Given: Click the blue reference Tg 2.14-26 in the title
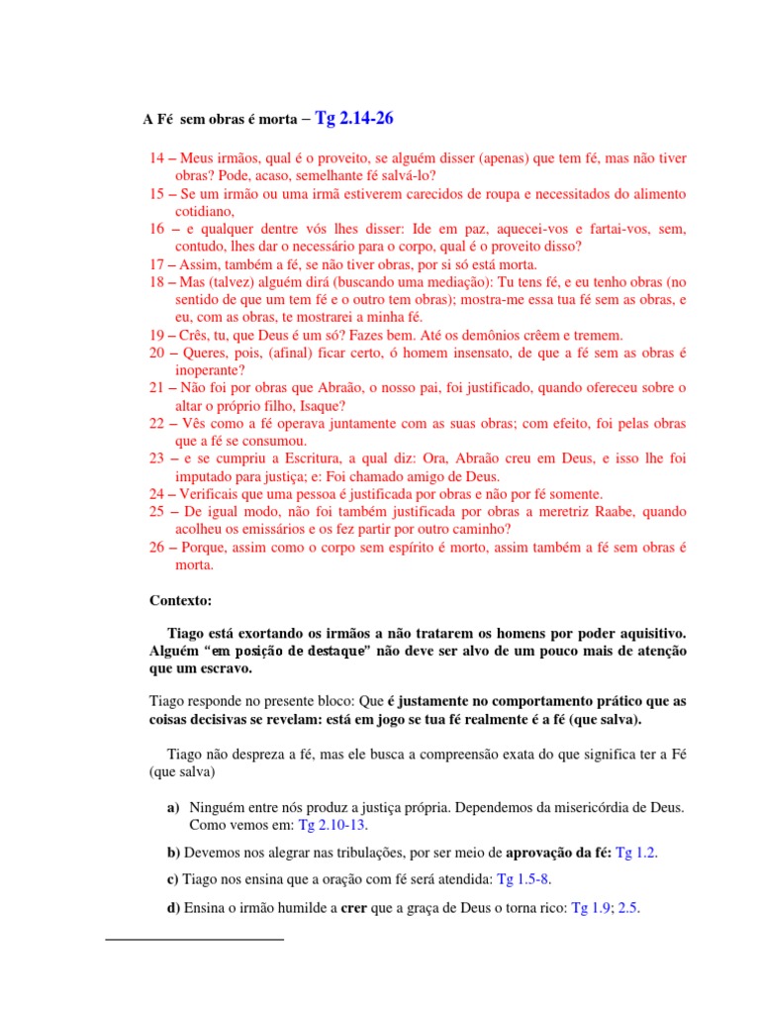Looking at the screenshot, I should tap(353, 120).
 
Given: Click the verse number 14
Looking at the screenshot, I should tap(158, 158).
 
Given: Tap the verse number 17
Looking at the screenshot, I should tap(158, 264).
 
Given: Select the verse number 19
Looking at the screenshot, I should tap(158, 336).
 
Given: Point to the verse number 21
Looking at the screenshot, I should tap(158, 388).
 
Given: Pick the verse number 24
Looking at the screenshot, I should tap(158, 494).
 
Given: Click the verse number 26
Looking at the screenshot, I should tap(158, 547).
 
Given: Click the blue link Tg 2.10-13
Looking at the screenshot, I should tap(338, 825).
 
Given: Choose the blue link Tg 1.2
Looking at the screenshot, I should tap(636, 852).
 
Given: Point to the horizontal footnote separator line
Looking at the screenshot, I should tap(194, 937).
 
